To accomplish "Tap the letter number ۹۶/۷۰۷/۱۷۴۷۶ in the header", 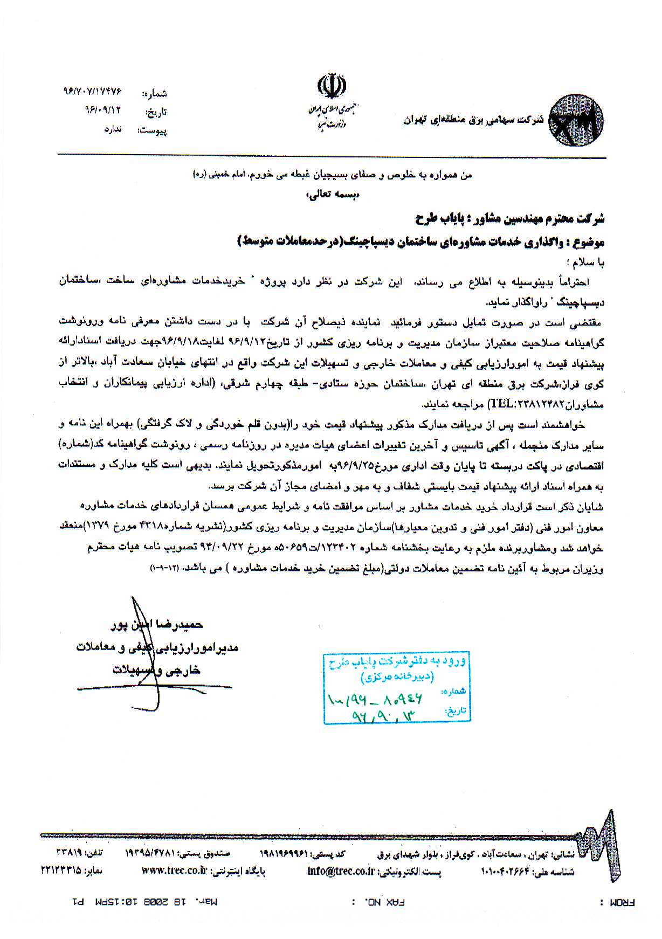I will coord(92,92).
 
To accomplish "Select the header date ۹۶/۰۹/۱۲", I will coord(102,110).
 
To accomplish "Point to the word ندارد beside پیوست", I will coord(113,129).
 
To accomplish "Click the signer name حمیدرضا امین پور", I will coord(157,625).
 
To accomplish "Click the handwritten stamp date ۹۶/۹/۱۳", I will coord(384,715).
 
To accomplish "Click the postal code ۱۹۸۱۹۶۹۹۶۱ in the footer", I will coord(284,854).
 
